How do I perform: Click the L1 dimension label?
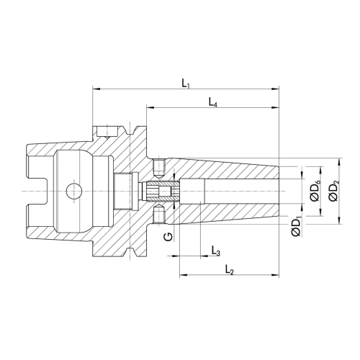tap(186, 84)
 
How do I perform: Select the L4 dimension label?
tap(213, 102)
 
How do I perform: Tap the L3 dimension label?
tap(216, 251)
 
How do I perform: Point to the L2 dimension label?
tap(230, 269)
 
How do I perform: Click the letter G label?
tap(168, 237)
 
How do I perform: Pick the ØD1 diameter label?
tap(296, 226)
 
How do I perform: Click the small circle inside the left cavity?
tap(74, 192)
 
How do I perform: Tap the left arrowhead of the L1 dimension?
tap(96, 89)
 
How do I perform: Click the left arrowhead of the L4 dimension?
tap(150, 108)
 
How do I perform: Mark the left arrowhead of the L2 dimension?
tap(184, 274)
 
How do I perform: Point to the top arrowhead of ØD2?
tap(339, 162)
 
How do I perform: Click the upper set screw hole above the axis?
tap(158, 169)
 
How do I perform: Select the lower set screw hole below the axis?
tap(158, 214)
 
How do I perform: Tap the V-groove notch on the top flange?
tap(130, 131)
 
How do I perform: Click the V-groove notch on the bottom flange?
tap(130, 252)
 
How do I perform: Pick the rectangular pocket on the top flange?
tap(107, 131)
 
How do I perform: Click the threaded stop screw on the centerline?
tap(160, 192)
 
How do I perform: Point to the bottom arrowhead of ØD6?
tap(320, 212)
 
